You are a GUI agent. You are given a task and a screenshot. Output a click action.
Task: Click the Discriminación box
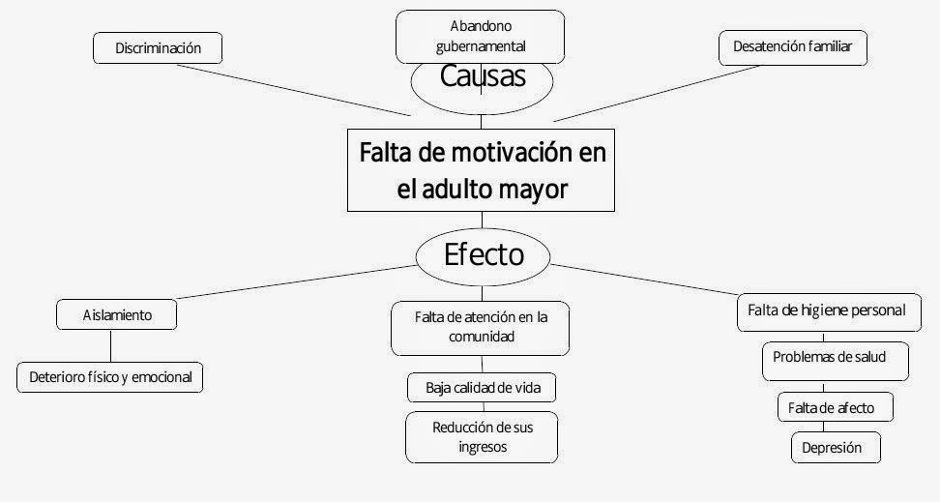click(158, 46)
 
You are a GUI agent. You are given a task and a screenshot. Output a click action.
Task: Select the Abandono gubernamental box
click(481, 35)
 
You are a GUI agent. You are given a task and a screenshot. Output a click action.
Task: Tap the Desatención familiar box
click(792, 46)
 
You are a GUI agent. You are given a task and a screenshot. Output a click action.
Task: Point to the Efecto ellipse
click(483, 254)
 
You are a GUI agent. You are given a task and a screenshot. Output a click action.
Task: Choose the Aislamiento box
click(117, 314)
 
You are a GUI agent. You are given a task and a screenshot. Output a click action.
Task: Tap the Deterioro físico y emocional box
click(110, 376)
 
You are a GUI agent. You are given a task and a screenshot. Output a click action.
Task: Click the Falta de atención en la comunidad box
click(480, 327)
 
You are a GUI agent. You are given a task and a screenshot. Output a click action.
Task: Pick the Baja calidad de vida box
click(483, 388)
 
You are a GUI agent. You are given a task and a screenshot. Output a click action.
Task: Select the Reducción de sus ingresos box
click(483, 436)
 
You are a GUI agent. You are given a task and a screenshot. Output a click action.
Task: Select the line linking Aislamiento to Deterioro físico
click(110, 345)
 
